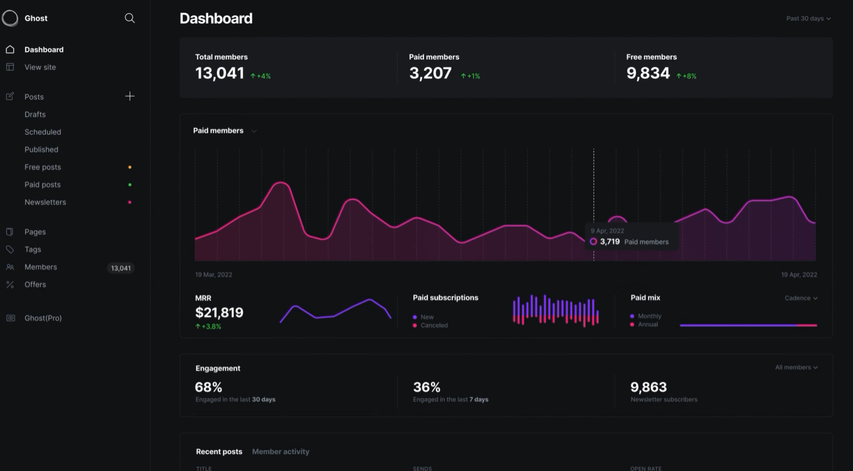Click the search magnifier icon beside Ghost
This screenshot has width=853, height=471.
click(x=129, y=18)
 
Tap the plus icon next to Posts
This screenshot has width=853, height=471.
click(x=129, y=97)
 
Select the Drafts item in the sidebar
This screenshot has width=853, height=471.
click(x=35, y=114)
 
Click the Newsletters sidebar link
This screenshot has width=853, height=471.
click(x=45, y=202)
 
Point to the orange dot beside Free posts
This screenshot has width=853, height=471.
click(x=130, y=167)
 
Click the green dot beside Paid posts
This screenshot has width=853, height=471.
click(x=130, y=184)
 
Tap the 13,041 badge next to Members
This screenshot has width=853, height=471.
click(x=120, y=268)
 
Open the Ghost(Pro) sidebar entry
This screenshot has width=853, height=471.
click(x=43, y=318)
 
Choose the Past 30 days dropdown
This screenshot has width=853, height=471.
click(x=808, y=18)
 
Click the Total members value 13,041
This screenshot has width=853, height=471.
click(x=220, y=73)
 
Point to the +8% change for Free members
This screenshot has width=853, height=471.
click(x=686, y=76)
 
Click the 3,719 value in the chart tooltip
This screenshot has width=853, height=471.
click(x=610, y=241)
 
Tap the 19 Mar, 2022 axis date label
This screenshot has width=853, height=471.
click(x=214, y=275)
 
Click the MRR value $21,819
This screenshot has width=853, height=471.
click(x=220, y=312)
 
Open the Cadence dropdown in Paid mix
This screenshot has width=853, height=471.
click(x=801, y=298)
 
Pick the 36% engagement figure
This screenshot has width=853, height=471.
click(x=426, y=387)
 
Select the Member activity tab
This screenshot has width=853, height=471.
click(x=280, y=452)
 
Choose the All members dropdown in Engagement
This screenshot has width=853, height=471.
click(x=797, y=368)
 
